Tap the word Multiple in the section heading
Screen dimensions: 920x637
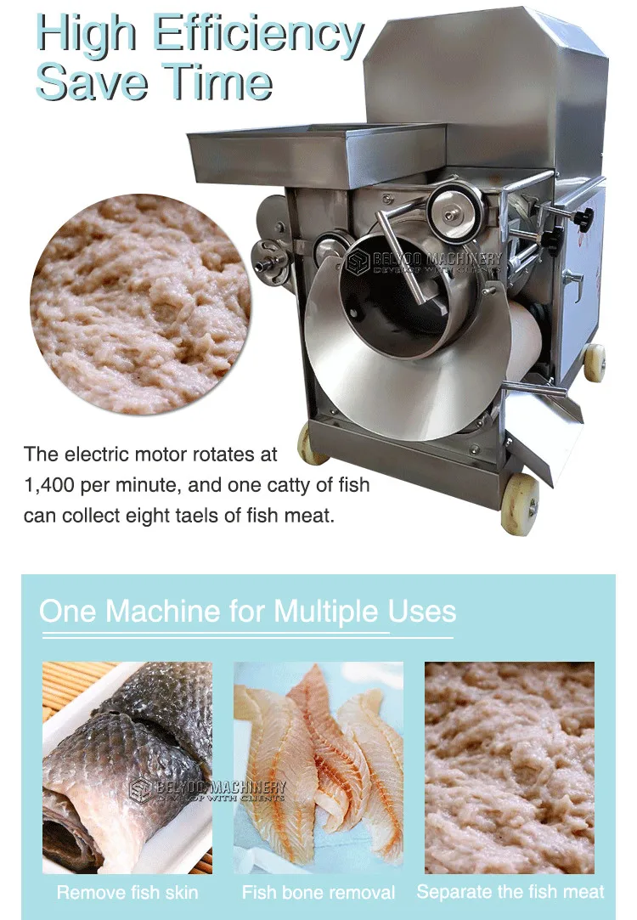pos(326,612)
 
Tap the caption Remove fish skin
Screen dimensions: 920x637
pos(127,893)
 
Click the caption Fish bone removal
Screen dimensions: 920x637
pos(318,893)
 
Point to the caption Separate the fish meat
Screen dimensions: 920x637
pos(510,892)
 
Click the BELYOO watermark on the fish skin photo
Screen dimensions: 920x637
pos(207,791)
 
